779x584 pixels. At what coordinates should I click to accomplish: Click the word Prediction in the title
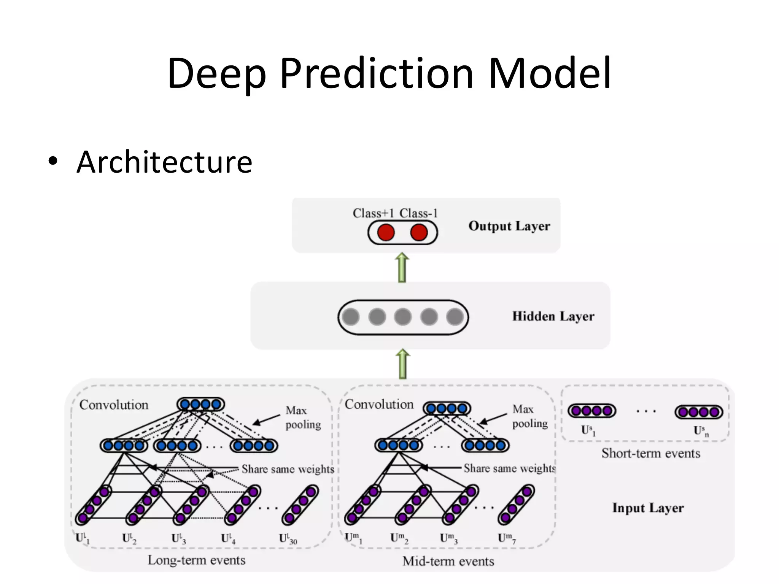pos(377,73)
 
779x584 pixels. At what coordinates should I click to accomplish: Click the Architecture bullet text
pos(164,162)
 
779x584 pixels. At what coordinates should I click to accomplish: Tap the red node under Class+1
pos(386,232)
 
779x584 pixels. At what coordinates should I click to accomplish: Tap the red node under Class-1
pos(419,232)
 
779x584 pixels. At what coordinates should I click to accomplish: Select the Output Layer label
pos(509,226)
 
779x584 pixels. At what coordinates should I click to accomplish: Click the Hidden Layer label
pos(553,316)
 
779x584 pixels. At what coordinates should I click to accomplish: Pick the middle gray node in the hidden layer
pos(403,317)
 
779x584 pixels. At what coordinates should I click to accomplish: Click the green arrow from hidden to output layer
pos(402,268)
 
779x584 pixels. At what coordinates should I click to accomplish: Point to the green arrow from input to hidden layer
pos(403,364)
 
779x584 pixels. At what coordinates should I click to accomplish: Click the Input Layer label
pos(648,508)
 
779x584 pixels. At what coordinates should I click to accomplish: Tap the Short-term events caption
pos(650,453)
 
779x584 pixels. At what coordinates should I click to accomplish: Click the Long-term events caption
pos(196,560)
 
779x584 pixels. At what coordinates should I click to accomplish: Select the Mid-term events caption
pos(448,561)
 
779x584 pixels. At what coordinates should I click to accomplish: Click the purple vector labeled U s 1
pos(591,411)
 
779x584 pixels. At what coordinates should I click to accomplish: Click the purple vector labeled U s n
pos(699,412)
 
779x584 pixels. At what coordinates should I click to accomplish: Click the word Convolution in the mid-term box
pos(379,405)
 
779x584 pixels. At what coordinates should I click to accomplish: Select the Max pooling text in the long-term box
pos(303,417)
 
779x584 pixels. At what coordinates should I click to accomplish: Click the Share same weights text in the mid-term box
pos(509,468)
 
